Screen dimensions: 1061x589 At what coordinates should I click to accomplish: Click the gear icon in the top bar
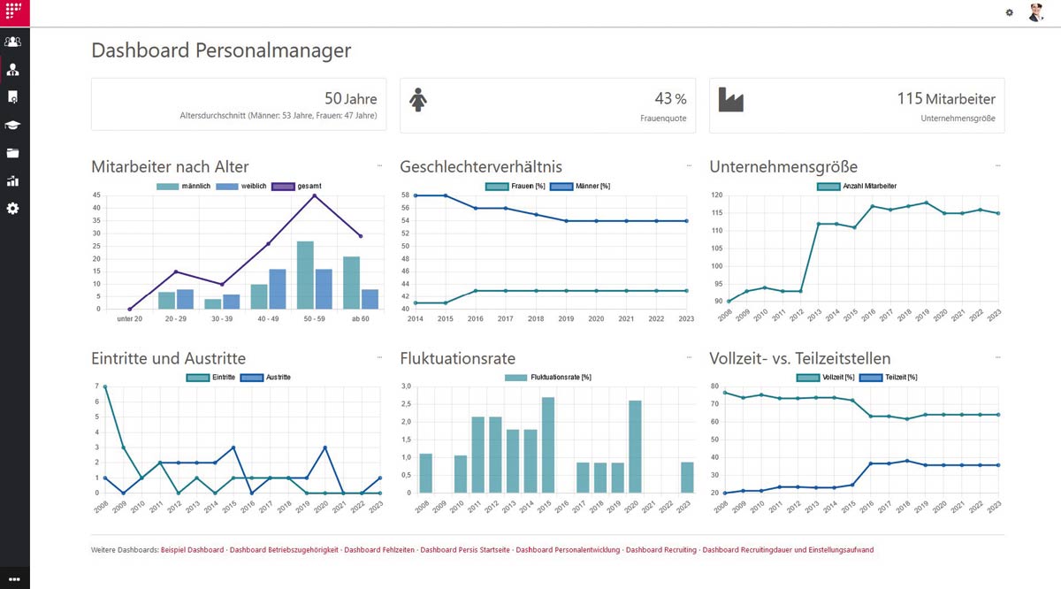click(1010, 12)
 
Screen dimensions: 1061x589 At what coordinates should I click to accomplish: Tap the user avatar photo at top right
click(1036, 12)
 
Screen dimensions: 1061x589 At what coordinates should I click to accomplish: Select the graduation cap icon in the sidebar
click(12, 125)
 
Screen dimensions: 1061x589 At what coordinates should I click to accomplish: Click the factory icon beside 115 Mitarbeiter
click(731, 100)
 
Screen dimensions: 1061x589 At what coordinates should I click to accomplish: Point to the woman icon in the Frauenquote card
click(417, 100)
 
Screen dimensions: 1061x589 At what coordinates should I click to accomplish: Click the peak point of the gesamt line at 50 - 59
click(315, 195)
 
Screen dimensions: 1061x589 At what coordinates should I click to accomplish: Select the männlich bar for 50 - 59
click(305, 275)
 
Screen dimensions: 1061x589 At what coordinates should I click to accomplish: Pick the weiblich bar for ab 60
click(370, 299)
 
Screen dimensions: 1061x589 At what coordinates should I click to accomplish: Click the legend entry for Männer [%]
click(580, 187)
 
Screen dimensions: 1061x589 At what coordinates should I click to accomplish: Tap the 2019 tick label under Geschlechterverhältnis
click(566, 319)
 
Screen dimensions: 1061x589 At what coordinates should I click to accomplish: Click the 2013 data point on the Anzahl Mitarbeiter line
click(819, 224)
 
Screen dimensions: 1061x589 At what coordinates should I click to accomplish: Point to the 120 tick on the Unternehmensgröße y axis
click(717, 195)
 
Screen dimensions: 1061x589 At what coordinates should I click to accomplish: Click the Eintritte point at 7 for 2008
click(105, 386)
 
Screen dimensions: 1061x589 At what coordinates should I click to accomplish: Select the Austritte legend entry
click(265, 377)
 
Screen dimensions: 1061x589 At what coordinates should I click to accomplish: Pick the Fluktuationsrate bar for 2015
click(548, 445)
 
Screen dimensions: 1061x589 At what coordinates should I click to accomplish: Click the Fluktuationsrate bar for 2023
click(687, 478)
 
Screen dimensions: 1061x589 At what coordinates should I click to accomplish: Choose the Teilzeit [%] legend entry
click(888, 377)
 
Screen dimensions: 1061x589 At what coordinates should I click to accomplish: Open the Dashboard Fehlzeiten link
click(379, 550)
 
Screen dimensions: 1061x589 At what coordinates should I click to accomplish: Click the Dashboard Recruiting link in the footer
click(661, 550)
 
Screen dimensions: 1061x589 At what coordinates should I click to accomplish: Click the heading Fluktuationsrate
click(458, 358)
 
